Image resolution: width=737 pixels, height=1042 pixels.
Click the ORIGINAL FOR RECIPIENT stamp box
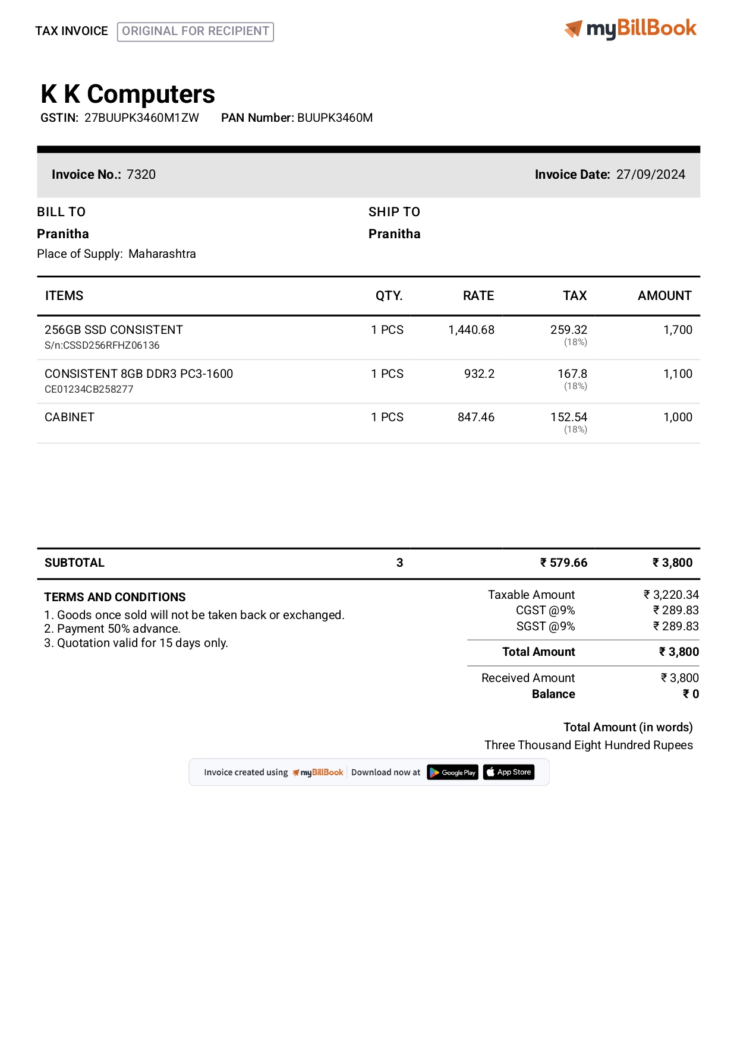(x=196, y=31)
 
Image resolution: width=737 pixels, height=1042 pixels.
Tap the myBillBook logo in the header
(x=631, y=29)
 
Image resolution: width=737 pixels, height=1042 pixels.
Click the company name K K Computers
(x=128, y=94)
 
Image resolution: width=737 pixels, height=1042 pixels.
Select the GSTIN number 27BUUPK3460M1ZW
(x=141, y=118)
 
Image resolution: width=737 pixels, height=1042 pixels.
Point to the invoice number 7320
(x=141, y=175)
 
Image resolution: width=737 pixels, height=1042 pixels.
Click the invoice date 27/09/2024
(x=650, y=175)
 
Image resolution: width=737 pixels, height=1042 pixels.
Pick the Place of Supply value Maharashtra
(x=162, y=254)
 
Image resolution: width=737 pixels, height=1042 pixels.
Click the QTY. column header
(x=389, y=296)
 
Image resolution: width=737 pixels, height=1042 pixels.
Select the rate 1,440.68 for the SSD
(x=471, y=330)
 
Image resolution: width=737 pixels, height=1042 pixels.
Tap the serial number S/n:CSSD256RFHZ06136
(x=102, y=345)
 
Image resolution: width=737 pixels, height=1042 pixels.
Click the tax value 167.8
(x=572, y=374)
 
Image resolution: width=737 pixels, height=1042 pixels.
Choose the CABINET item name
(x=70, y=417)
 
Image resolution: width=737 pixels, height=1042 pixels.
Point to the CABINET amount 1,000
(x=678, y=417)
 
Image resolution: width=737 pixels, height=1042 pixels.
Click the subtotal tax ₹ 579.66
(x=563, y=563)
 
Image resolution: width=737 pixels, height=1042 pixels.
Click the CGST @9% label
(x=545, y=610)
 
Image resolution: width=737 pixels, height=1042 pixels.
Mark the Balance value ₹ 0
(x=691, y=694)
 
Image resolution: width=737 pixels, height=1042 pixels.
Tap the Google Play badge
(x=452, y=772)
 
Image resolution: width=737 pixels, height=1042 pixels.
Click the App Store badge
(x=509, y=772)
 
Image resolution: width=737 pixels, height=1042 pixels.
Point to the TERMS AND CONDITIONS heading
(x=115, y=597)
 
